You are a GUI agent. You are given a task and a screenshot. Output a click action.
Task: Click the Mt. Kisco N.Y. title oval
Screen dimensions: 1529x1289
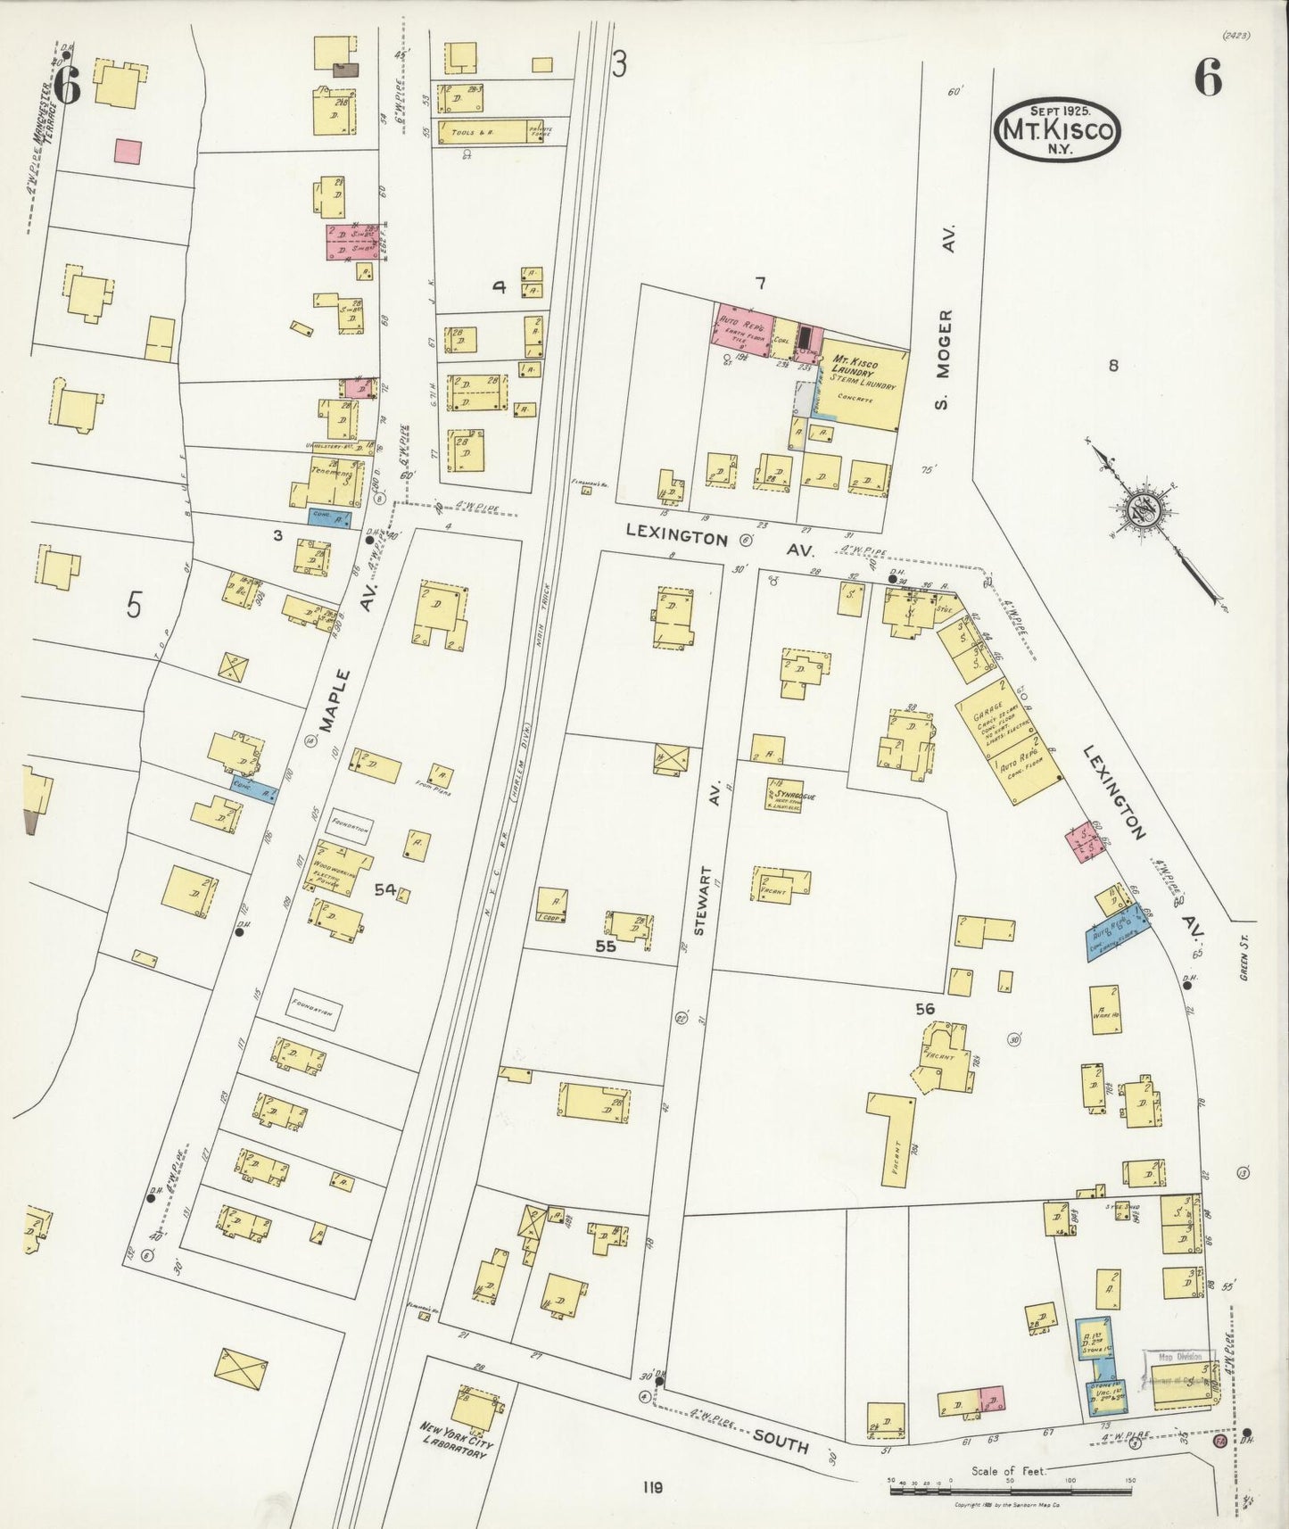[1057, 129]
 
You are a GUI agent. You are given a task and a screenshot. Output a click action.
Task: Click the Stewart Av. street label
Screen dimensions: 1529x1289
[700, 900]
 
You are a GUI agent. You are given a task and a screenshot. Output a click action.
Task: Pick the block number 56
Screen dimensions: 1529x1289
[924, 1009]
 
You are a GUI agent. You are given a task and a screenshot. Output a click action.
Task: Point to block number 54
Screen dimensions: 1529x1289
[384, 889]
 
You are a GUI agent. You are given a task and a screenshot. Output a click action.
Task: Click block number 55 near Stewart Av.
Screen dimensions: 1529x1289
[606, 946]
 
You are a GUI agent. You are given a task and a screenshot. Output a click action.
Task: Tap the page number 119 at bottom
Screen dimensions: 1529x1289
[652, 1487]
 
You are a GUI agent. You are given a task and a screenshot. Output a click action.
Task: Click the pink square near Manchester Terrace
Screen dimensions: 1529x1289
[128, 150]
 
